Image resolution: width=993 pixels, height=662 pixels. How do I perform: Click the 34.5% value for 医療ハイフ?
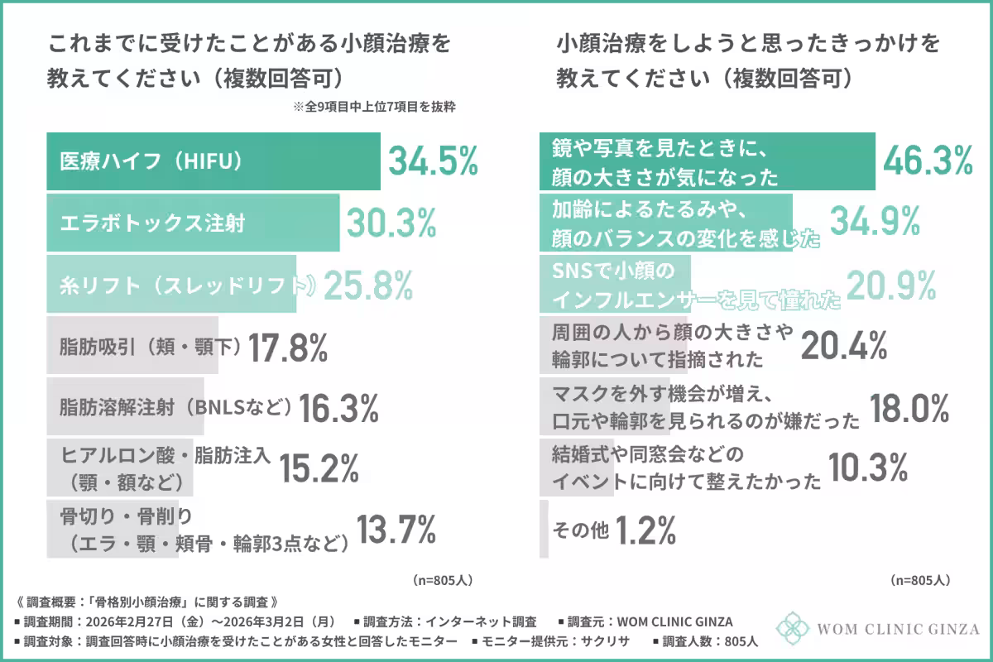pyautogui.click(x=434, y=161)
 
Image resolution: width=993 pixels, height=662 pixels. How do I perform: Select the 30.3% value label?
pyautogui.click(x=391, y=223)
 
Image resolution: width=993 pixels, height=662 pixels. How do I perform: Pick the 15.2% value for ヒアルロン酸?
pyautogui.click(x=319, y=468)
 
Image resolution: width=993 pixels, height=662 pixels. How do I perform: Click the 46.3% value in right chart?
pyautogui.click(x=928, y=161)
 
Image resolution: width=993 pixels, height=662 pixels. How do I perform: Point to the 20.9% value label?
pyautogui.click(x=890, y=285)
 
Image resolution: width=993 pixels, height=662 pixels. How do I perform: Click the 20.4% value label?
pyautogui.click(x=844, y=345)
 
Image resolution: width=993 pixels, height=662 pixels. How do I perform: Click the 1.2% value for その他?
pyautogui.click(x=646, y=530)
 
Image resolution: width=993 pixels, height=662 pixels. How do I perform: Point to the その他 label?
pyautogui.click(x=579, y=530)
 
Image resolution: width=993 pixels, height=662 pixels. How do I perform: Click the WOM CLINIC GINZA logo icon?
pyautogui.click(x=792, y=628)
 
